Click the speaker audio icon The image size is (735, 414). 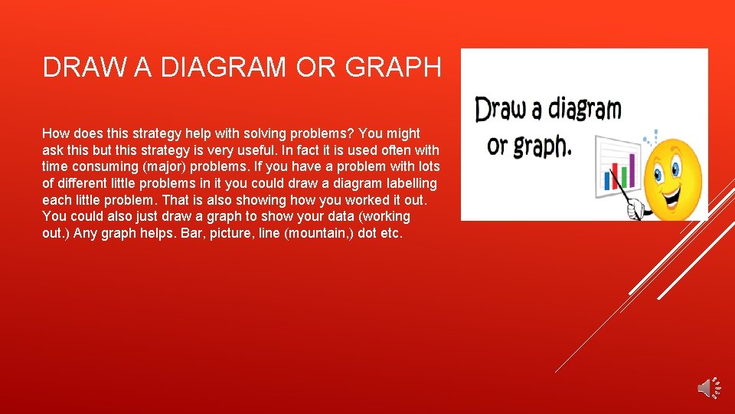tap(709, 388)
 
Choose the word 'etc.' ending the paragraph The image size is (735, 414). tap(391, 234)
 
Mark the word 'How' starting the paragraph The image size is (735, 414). tap(54, 133)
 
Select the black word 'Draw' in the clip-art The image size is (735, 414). tap(498, 109)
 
